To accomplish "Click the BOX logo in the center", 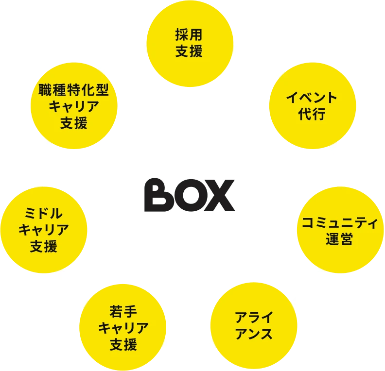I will [190, 195].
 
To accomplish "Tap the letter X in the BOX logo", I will [222, 195].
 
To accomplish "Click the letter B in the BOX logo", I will [156, 195].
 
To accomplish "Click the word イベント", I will [312, 97].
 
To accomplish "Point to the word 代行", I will [312, 115].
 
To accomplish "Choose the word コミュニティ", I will [339, 223].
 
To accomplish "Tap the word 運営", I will [339, 239].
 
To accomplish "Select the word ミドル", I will [44, 212].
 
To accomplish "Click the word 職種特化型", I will [74, 89].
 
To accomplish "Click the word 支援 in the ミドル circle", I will [44, 247].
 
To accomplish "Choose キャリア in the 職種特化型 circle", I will [74, 106].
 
